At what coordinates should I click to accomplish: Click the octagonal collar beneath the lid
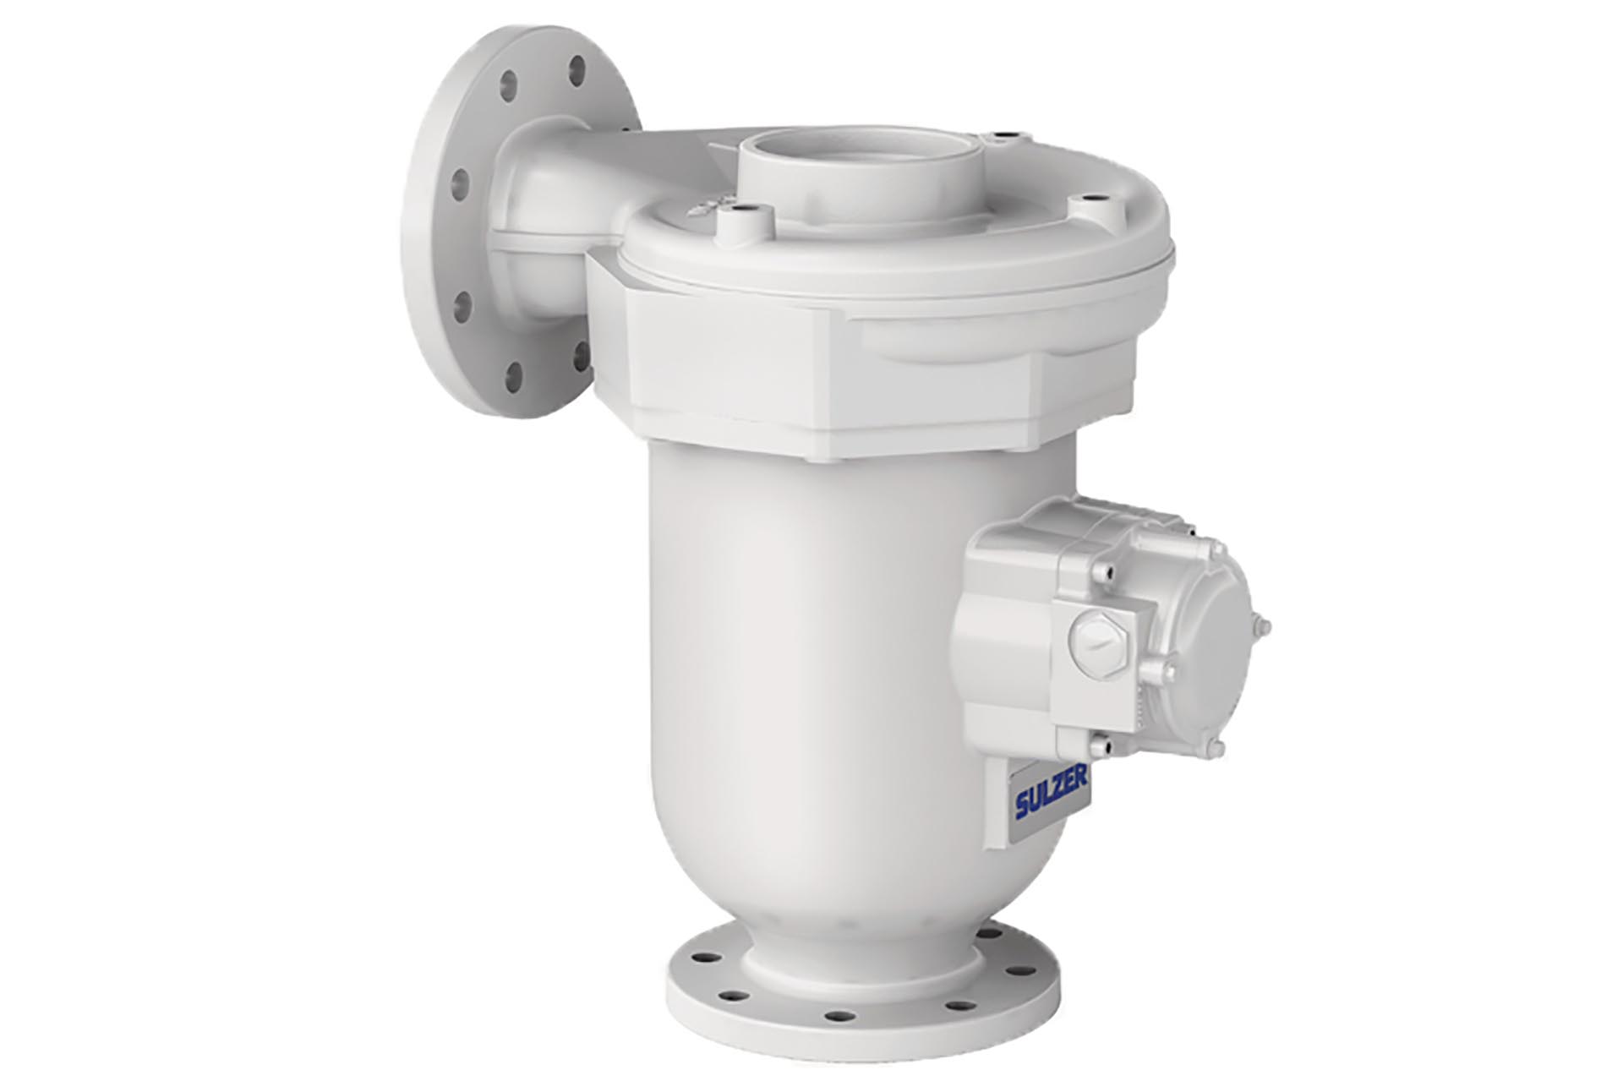tap(845, 372)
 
